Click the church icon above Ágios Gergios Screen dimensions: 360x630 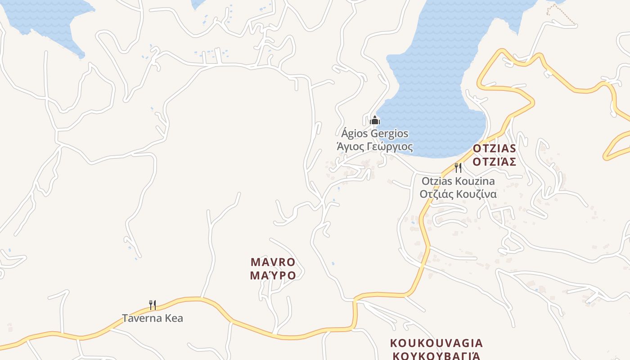pos(375,120)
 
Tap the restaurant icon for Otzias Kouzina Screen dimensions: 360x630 pos(458,168)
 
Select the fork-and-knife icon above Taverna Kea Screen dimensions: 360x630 pos(153,305)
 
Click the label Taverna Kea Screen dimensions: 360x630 pos(153,318)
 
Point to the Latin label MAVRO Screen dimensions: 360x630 pos(273,262)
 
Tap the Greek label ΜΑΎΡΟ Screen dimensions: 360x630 pos(273,275)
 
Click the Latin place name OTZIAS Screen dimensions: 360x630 pos(494,148)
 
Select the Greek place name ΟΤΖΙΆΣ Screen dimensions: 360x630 pos(494,162)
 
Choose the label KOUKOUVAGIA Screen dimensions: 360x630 pos(436,343)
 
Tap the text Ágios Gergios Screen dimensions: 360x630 pos(375,134)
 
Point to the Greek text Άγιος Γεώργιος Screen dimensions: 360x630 pos(375,147)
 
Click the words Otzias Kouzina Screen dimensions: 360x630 pos(458,181)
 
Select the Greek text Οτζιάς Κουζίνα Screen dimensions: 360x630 pos(458,194)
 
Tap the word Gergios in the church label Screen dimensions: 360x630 pos(390,134)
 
